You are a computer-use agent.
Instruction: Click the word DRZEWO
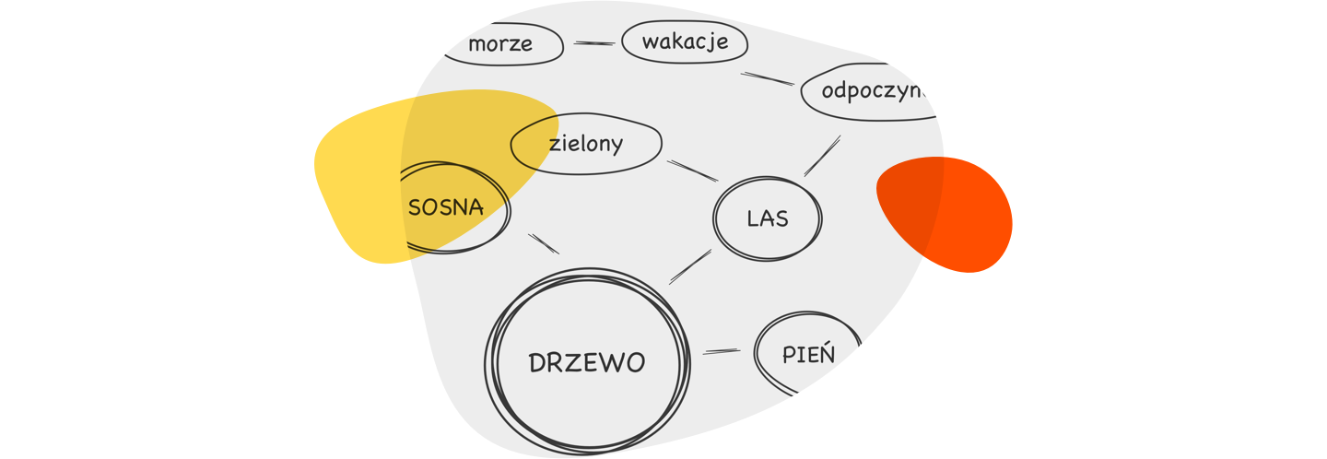click(587, 363)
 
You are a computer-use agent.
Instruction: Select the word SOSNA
click(446, 207)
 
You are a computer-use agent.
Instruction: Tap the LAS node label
click(768, 219)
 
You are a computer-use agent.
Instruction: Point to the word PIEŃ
click(808, 354)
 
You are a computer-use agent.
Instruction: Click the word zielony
click(586, 144)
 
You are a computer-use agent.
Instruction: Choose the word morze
click(500, 44)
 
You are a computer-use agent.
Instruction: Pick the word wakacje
click(685, 41)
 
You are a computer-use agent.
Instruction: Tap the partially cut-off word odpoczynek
click(872, 92)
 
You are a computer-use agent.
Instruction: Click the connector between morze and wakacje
click(594, 43)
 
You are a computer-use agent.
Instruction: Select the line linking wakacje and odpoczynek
click(768, 78)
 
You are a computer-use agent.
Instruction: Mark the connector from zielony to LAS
click(692, 171)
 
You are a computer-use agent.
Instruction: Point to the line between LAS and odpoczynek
click(822, 156)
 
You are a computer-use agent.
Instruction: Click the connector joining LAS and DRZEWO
click(690, 266)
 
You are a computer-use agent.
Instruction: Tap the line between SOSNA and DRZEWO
click(544, 243)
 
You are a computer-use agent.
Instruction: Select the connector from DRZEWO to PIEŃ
click(721, 351)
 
